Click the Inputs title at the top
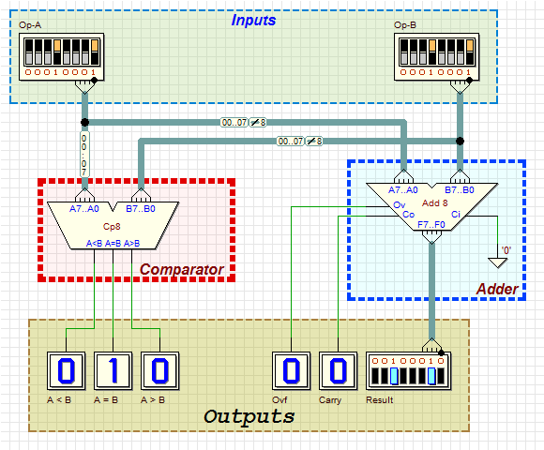click(x=253, y=20)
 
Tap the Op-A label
click(x=30, y=25)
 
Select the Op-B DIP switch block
click(x=436, y=57)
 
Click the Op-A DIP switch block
click(x=61, y=57)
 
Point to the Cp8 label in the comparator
click(x=112, y=226)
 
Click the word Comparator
click(x=181, y=269)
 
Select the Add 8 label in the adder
click(x=434, y=203)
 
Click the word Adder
click(x=497, y=289)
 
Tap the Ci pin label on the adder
click(x=456, y=215)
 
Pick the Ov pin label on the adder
click(x=399, y=205)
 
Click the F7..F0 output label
click(x=431, y=225)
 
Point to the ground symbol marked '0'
click(x=497, y=262)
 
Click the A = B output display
click(x=113, y=371)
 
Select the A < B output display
click(x=66, y=371)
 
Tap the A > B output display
click(x=160, y=371)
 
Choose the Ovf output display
click(x=291, y=371)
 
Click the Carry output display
click(x=338, y=371)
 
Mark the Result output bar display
click(x=408, y=371)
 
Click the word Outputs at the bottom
click(x=249, y=416)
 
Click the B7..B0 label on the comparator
click(x=141, y=209)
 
